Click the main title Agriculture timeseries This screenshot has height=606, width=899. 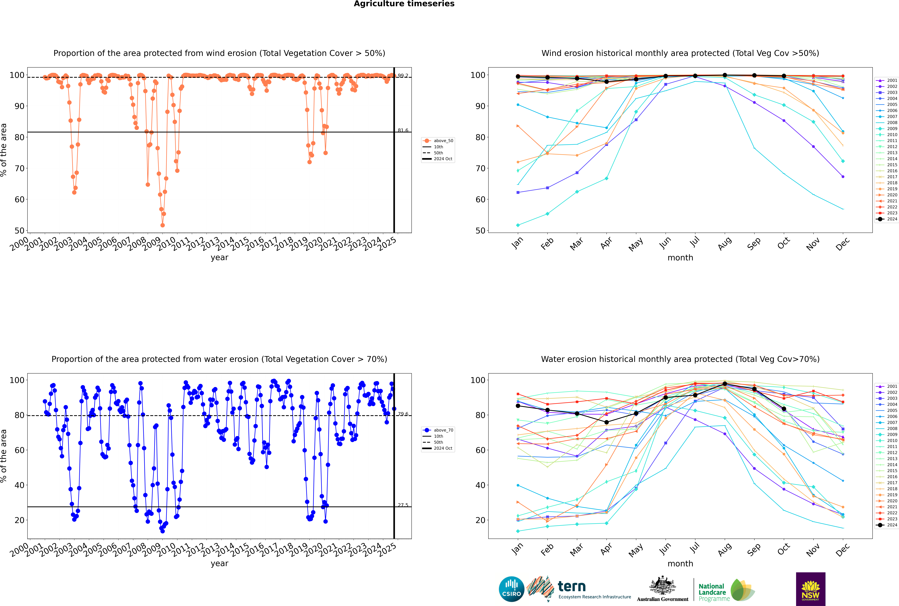[x=404, y=4]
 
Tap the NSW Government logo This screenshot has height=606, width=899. [x=810, y=589]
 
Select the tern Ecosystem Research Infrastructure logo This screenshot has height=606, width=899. [x=579, y=589]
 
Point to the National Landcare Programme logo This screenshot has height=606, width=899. [x=726, y=590]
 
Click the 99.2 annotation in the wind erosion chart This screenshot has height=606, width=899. [x=403, y=76]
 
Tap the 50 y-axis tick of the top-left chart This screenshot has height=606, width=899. [x=19, y=231]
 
